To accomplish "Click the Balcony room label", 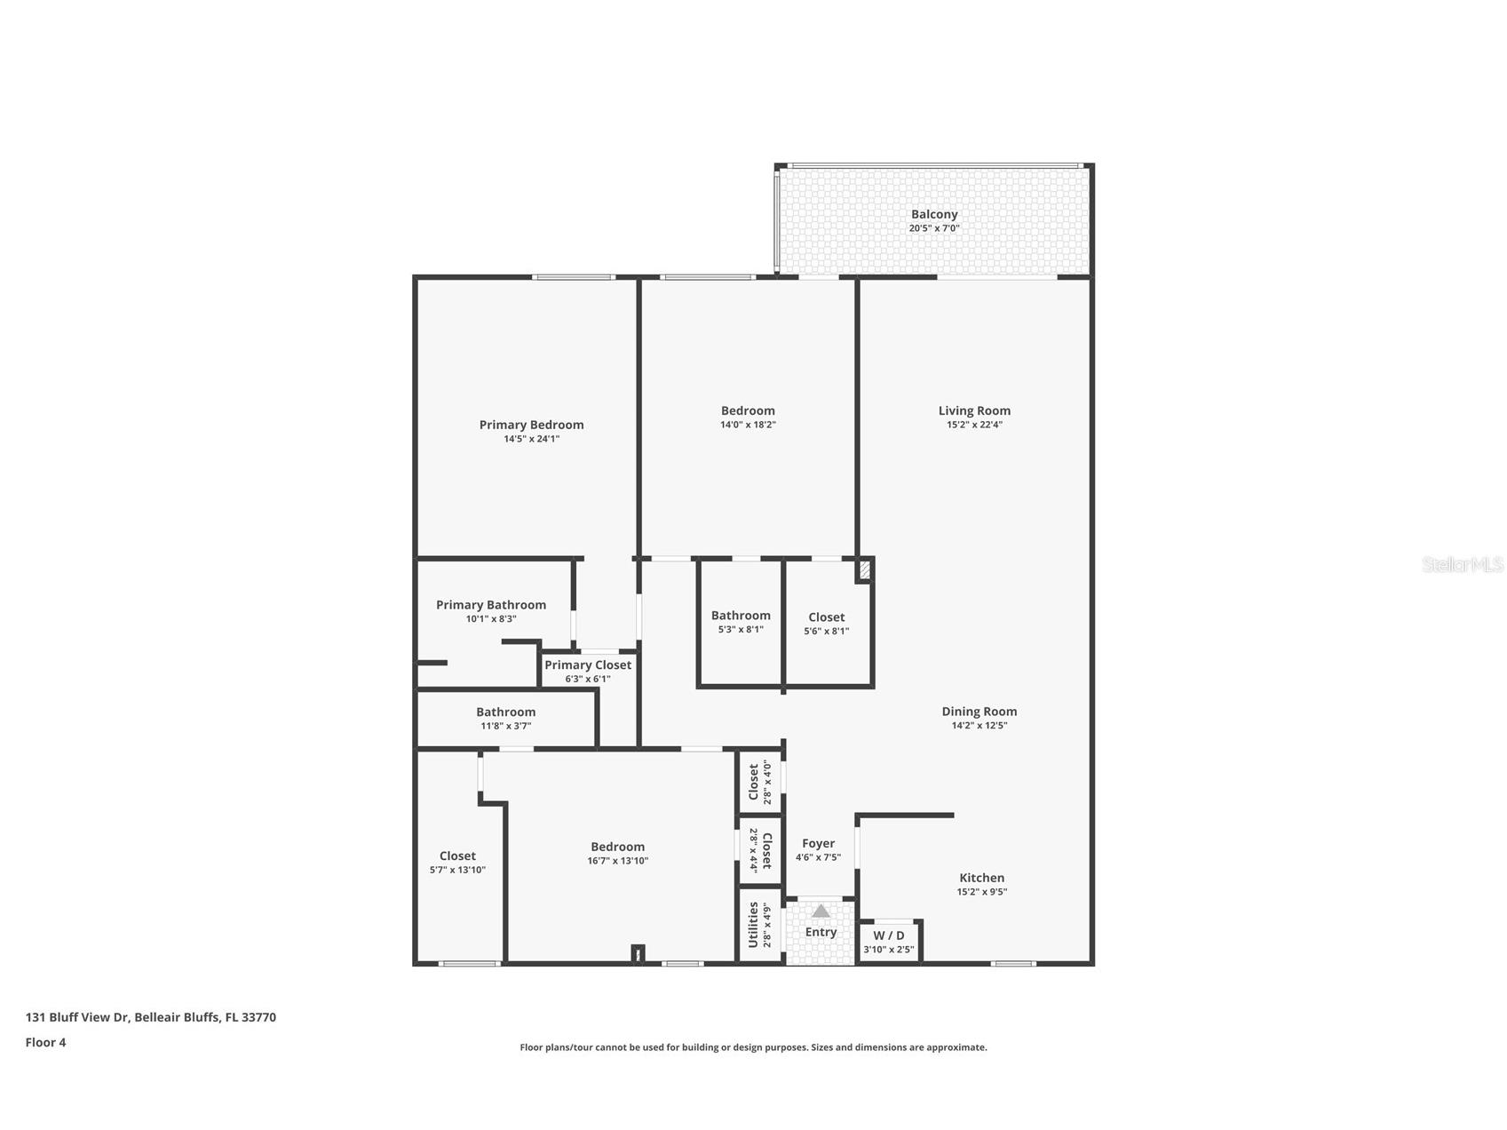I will [933, 214].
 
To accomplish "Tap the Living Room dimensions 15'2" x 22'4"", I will [974, 425].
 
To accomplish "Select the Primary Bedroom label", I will [531, 425].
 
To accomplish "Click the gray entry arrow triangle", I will [821, 911].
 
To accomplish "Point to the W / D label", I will [888, 935].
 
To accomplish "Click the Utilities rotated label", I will [753, 925].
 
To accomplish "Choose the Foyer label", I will [818, 844].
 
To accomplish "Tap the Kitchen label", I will [981, 878].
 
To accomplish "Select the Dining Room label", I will [979, 712].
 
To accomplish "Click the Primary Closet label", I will [587, 665].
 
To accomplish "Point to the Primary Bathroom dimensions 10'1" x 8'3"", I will [491, 619].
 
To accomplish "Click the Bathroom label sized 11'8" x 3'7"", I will [505, 712].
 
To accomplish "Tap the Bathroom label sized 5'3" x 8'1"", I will [741, 616].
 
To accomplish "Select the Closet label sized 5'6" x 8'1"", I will [826, 617].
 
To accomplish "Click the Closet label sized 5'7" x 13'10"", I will [457, 856].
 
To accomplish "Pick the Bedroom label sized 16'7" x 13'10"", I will [617, 847].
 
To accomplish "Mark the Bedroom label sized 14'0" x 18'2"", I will [748, 410].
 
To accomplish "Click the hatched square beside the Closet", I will [864, 570].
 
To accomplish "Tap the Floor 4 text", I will [45, 1043].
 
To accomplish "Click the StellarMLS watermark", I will [1462, 565].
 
